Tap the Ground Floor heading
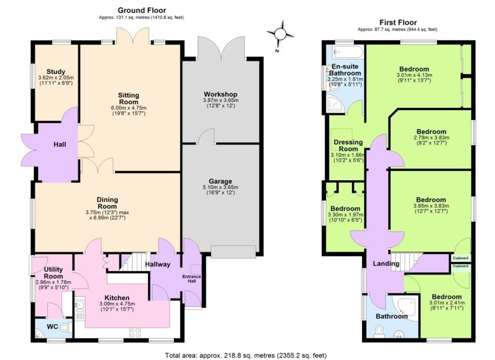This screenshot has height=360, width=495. click(142, 10)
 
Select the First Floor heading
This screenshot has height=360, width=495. click(398, 22)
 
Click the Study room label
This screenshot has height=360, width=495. click(56, 72)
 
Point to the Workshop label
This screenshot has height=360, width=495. click(221, 94)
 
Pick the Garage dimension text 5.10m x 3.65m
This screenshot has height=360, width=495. click(221, 187)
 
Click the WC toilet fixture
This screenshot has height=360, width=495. click(67, 327)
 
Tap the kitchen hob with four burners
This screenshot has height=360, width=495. click(134, 333)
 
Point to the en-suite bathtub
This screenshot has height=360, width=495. click(348, 52)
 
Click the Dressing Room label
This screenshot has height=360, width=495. click(348, 145)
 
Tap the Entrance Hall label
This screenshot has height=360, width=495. click(191, 279)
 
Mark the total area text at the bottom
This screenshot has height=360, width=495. click(246, 355)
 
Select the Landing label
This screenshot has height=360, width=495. click(386, 264)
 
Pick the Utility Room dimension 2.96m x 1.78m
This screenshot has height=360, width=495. click(54, 282)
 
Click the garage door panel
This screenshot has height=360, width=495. click(233, 252)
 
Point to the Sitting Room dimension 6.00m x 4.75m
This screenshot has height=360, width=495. click(129, 108)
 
